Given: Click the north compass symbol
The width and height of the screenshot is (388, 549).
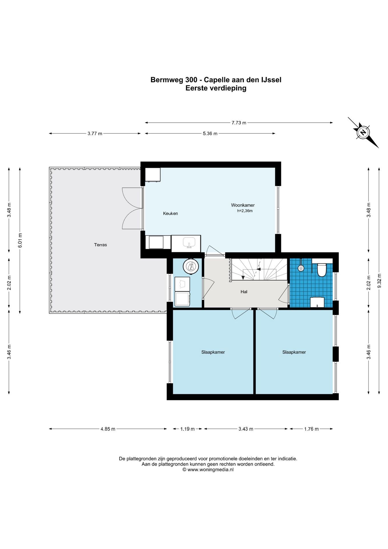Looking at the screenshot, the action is (x=363, y=132).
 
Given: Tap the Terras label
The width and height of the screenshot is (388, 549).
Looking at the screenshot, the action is (x=100, y=245).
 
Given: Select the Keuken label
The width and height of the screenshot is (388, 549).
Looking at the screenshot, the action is (x=170, y=213).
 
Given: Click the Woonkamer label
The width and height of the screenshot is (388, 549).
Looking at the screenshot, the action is (x=243, y=205).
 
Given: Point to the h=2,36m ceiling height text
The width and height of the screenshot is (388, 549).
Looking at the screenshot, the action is (x=245, y=211).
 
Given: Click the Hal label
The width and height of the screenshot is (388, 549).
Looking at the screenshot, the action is (x=244, y=292).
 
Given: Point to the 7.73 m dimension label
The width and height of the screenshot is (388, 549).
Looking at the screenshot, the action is (x=239, y=123).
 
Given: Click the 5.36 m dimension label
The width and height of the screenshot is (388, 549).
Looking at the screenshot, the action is (x=210, y=134).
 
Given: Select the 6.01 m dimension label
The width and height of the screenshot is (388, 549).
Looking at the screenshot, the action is (x=20, y=240).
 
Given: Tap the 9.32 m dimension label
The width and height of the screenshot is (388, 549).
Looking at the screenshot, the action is (x=379, y=282).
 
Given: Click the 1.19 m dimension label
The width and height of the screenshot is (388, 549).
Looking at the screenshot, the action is (x=187, y=429).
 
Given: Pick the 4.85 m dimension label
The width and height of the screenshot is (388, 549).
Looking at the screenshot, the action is (x=108, y=429).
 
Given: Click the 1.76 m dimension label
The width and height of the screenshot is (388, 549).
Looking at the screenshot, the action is (x=311, y=429).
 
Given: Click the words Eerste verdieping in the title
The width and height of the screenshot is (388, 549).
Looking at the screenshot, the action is (x=216, y=88).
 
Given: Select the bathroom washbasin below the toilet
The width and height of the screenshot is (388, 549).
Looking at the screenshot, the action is (x=317, y=302).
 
